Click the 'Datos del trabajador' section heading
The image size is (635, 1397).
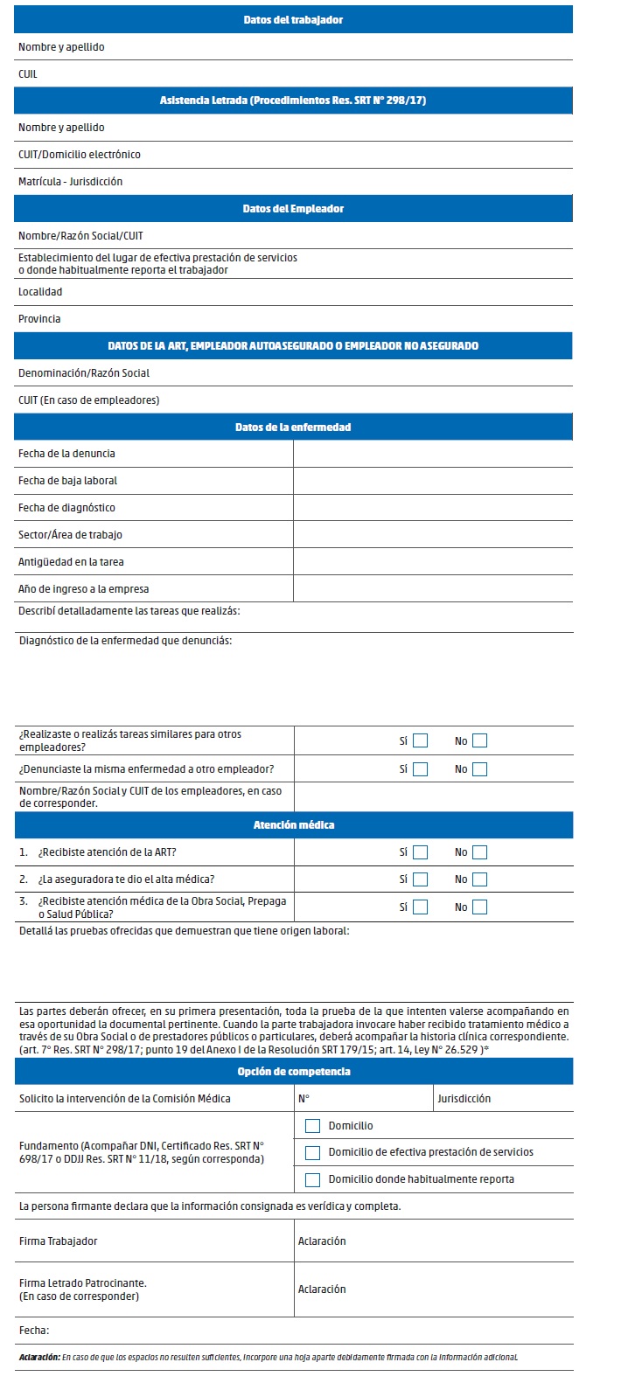tap(293, 19)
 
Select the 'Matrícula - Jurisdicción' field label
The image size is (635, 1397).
tap(70, 182)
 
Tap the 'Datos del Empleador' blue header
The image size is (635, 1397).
tap(293, 209)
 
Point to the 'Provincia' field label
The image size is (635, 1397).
tap(39, 319)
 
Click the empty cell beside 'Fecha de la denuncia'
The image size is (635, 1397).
tap(432, 454)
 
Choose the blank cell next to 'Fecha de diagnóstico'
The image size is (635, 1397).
tap(432, 508)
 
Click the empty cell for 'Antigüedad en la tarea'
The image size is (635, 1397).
tap(432, 562)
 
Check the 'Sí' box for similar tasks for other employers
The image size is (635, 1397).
tap(421, 741)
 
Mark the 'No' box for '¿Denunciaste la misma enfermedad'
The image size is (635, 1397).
tap(479, 769)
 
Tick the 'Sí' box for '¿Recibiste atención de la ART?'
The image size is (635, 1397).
tap(421, 852)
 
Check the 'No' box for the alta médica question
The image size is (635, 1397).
tap(479, 879)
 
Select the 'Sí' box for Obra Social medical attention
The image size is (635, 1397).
tap(421, 907)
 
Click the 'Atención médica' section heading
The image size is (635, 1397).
tap(293, 825)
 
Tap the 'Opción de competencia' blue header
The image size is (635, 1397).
tap(293, 1072)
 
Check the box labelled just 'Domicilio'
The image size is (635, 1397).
tap(312, 1126)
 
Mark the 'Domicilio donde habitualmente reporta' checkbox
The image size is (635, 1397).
tap(312, 1180)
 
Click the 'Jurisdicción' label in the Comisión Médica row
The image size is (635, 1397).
tap(464, 1099)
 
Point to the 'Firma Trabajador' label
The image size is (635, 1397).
tap(58, 1241)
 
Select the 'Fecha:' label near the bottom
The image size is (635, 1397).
tap(33, 1331)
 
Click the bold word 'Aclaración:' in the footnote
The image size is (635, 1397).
tap(38, 1358)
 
